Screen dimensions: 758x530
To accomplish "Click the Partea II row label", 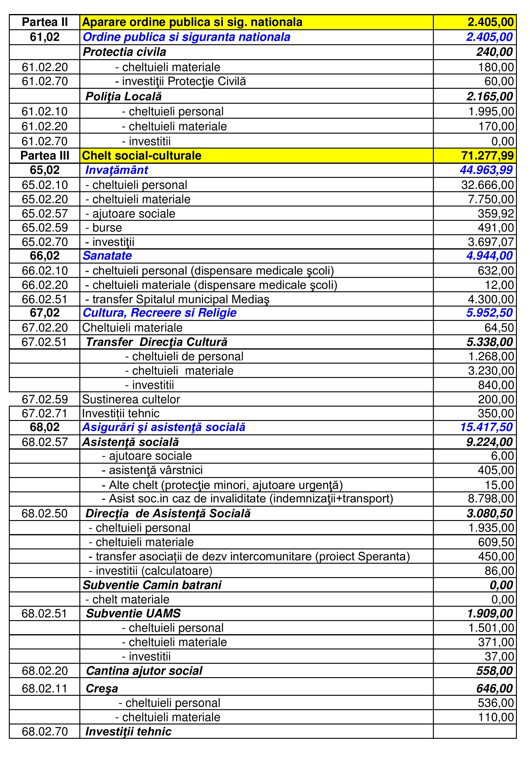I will (45, 22).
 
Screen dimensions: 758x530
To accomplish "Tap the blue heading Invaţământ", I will (116, 170).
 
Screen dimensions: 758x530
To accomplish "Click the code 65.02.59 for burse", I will (45, 228).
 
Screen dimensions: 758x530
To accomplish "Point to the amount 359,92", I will (496, 214).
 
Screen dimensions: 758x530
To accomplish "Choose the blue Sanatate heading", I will (107, 256).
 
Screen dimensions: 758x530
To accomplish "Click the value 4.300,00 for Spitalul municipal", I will (491, 299).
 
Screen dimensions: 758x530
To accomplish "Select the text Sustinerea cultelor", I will (131, 400).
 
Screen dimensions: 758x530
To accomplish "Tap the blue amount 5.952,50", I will (489, 313).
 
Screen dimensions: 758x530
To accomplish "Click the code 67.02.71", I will (45, 413).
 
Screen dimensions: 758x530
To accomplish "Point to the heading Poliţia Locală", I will (124, 96).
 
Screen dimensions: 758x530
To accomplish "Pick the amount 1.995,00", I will (491, 112).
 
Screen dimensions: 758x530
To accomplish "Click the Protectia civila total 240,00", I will (494, 52).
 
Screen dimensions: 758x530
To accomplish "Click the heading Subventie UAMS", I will (133, 613).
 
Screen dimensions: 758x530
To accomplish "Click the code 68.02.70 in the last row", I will (45, 731).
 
